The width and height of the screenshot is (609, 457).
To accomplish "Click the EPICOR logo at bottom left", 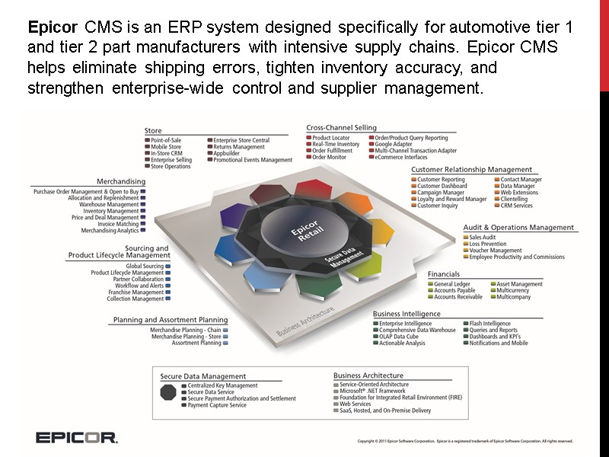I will coord(76,437).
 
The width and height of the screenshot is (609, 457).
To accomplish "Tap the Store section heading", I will coord(153,131).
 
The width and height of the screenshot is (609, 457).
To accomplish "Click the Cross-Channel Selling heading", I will coord(341,128).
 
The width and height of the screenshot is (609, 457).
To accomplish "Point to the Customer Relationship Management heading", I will coord(471,169).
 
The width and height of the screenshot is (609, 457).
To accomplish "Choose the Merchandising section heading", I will coord(121,181).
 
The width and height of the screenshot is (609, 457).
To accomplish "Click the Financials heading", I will coord(443,273).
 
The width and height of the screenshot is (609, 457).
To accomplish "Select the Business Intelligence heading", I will coord(407,313).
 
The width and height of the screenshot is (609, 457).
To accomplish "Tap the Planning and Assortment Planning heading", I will coord(171,320).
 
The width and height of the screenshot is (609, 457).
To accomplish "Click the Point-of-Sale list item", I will coord(167,141).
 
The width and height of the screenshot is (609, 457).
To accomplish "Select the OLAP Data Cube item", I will coord(399,337).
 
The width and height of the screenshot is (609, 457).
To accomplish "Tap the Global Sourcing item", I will coord(145,267).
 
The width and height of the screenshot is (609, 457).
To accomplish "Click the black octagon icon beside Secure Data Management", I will coord(168,392).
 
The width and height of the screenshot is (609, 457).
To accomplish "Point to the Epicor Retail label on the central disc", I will coord(299,228).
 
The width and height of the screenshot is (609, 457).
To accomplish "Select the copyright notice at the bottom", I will coord(464,441).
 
